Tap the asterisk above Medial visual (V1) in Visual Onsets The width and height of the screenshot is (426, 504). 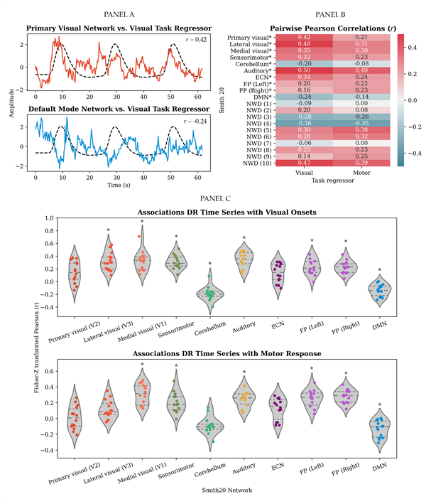(x=142, y=222)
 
